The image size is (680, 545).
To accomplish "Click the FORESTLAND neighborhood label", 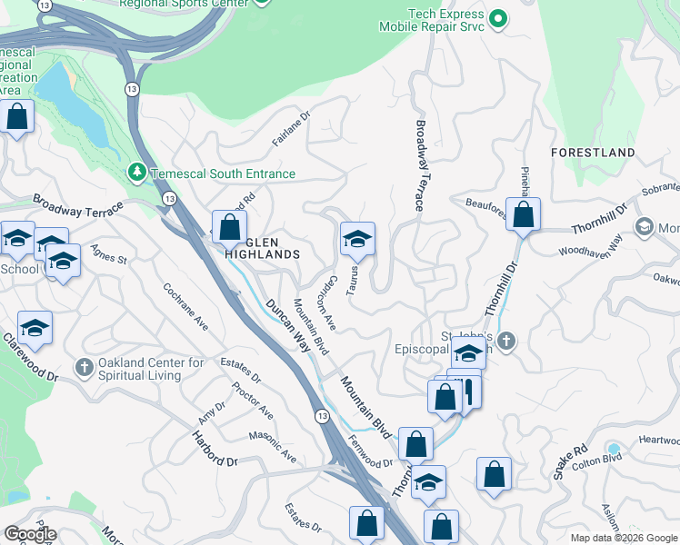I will point(593,152).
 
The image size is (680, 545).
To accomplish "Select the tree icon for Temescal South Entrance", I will point(136,172).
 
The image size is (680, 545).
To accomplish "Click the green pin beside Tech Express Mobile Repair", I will point(498,18).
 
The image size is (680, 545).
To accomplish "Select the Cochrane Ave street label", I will point(185,305).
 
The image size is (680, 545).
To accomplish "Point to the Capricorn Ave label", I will point(325,302).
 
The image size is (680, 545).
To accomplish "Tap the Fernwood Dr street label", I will point(369,451).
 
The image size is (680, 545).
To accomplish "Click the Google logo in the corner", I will point(31,534).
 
